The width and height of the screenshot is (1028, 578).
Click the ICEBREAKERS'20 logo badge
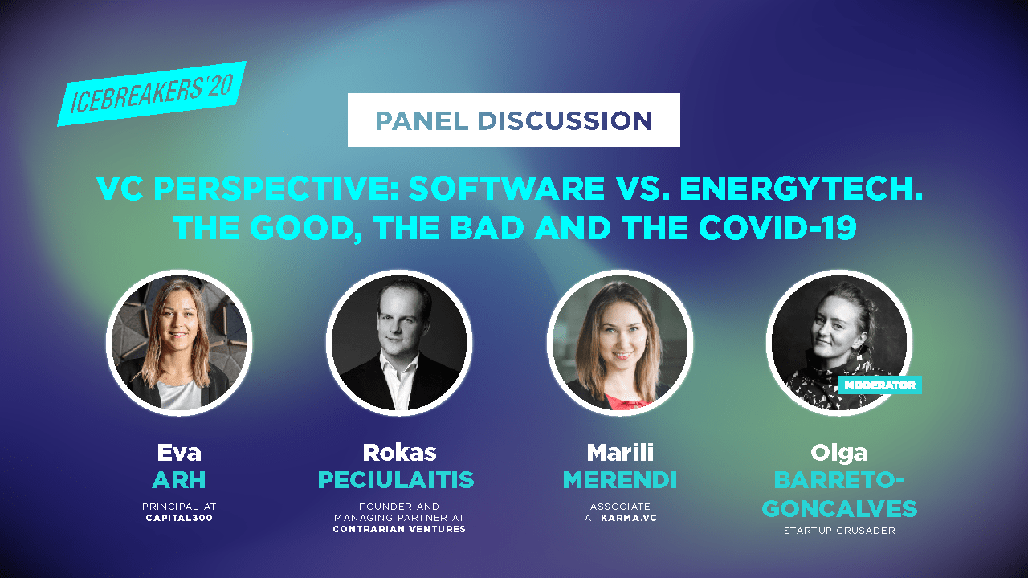151,94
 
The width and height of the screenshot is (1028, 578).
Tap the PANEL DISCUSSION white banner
514,120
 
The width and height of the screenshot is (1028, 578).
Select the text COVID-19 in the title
779,228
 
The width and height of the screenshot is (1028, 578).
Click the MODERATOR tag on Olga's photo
879,385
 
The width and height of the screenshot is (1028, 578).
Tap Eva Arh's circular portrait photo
179,341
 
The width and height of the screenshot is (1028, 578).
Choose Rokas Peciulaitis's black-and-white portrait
399,341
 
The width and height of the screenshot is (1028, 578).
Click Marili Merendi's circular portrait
619,341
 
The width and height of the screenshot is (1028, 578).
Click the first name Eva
179,453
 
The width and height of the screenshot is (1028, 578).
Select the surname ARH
179,480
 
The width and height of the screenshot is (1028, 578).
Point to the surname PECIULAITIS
396,480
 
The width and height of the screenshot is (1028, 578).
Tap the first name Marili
619,453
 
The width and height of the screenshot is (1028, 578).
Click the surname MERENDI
619,480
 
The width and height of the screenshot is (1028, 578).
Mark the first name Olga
838,453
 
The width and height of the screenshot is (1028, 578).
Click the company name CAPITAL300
179,518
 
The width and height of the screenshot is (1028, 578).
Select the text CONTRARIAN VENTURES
400,529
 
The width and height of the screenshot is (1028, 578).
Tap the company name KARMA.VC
630,518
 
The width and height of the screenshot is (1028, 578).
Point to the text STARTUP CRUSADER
838,531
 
